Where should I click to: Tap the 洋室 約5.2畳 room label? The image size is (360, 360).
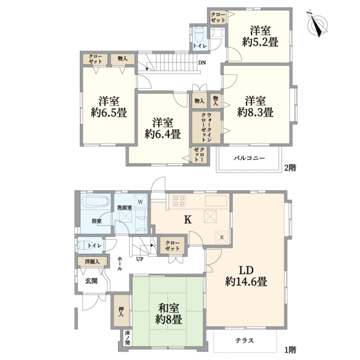point(260,37)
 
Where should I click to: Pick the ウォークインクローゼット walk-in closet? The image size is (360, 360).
point(206,127)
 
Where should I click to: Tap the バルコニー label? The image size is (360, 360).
point(250,158)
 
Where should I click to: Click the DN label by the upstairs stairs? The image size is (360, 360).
point(202,62)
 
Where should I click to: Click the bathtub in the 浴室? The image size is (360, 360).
point(95,202)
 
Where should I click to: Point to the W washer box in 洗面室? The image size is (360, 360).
point(140,201)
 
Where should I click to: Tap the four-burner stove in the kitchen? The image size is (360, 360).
point(179,200)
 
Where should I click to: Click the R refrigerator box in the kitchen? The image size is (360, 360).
point(221,237)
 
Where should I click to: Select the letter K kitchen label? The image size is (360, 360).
point(188,220)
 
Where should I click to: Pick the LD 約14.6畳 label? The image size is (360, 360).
point(246,276)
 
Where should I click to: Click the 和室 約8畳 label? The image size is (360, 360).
point(169,313)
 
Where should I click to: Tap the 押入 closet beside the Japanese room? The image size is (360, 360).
point(121,311)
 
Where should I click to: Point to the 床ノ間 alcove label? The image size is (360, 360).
point(127,338)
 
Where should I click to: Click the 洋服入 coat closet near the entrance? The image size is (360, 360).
point(92,261)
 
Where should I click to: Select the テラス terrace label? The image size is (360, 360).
point(245,340)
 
